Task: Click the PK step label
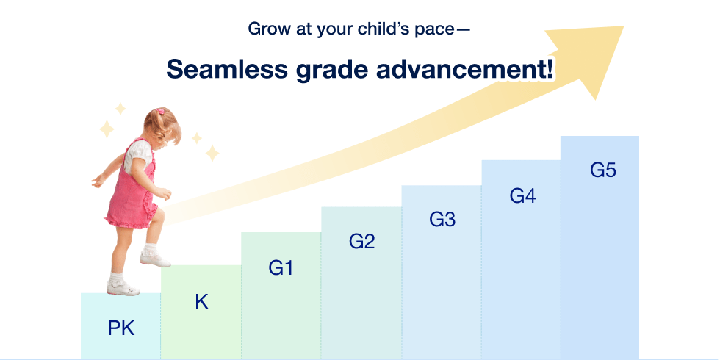121,328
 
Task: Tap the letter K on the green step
201,301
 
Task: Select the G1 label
281,268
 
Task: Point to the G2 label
362,242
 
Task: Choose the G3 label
442,219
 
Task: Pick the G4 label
522,196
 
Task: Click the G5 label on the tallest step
603,170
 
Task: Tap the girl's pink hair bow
160,112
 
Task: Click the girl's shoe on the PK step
123,288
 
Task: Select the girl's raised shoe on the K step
155,259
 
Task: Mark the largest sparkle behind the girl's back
107,129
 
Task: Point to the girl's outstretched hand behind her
96,181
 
